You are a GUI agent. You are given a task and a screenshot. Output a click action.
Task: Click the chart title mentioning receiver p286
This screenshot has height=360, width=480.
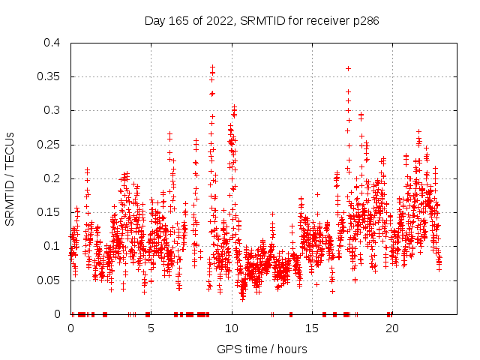[x=262, y=21]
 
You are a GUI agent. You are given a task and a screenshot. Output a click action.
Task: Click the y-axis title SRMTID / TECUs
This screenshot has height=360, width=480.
[x=10, y=178]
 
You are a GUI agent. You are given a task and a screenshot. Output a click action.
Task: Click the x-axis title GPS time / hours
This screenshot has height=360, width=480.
[x=262, y=349]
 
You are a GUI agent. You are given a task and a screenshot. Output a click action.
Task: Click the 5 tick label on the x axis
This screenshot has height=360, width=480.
[x=151, y=328]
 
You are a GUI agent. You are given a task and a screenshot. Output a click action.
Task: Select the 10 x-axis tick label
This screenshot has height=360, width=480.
[x=231, y=328]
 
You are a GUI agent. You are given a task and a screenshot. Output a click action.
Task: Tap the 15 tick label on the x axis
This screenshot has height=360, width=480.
[x=311, y=328]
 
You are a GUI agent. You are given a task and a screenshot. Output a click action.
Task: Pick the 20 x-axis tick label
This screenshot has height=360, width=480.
[x=391, y=328]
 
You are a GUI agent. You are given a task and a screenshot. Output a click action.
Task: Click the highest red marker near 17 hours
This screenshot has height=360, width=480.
[x=348, y=68]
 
